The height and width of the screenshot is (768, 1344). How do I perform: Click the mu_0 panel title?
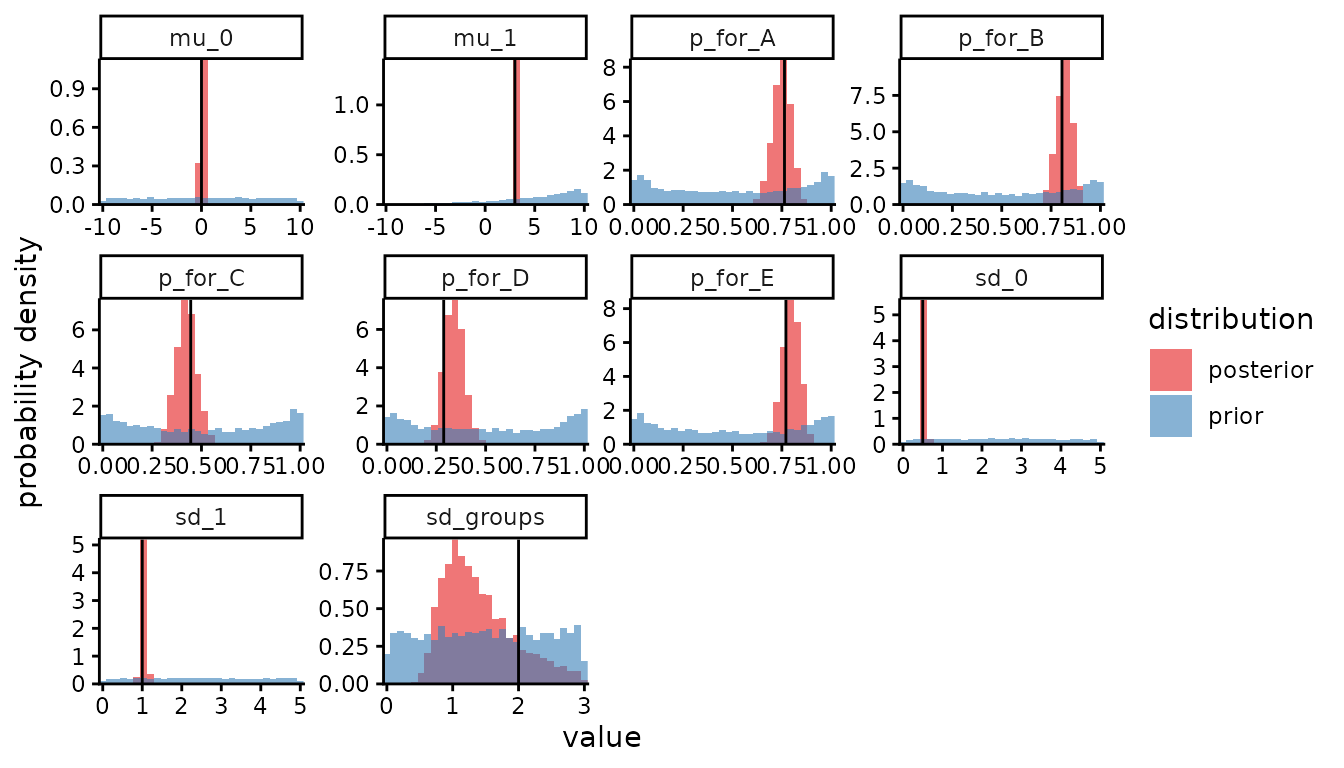tap(201, 37)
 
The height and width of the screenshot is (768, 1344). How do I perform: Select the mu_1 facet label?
tap(485, 37)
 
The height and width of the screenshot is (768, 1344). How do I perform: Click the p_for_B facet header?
tap(1002, 37)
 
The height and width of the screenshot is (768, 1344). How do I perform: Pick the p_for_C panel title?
tap(201, 277)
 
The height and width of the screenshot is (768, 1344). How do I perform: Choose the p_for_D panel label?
tap(485, 277)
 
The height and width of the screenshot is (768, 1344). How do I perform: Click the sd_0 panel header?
tap(1002, 277)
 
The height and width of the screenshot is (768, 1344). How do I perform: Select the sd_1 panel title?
tap(201, 517)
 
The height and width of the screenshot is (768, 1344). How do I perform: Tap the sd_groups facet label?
tap(485, 517)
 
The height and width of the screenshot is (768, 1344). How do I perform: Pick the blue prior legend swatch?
tap(1170, 415)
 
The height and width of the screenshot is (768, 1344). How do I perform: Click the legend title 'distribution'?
tap(1230, 320)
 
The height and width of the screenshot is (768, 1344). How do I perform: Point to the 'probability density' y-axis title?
tap(31, 372)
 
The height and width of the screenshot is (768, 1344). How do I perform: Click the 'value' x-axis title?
tap(601, 739)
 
